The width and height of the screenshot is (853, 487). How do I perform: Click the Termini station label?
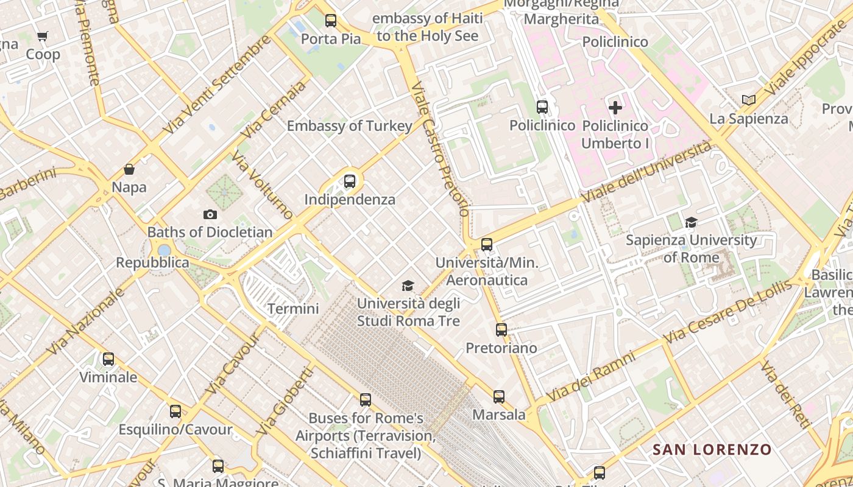click(x=293, y=309)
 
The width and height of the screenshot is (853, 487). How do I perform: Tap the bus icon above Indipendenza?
click(x=349, y=181)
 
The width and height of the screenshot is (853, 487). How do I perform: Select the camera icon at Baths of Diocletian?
click(x=210, y=214)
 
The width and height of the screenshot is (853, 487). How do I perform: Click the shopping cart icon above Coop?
click(x=42, y=37)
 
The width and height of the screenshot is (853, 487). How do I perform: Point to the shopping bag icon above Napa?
click(x=129, y=169)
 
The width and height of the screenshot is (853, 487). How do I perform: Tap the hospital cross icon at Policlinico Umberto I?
click(x=615, y=108)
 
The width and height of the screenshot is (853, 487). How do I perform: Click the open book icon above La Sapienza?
click(x=749, y=100)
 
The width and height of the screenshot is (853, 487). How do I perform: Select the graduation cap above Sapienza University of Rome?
click(x=691, y=223)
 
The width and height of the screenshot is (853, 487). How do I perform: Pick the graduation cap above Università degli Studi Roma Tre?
click(x=408, y=286)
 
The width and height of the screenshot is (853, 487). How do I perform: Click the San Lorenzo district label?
click(x=712, y=450)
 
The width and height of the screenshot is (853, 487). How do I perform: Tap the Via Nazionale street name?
click(x=85, y=321)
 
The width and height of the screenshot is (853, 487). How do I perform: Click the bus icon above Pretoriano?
click(x=501, y=330)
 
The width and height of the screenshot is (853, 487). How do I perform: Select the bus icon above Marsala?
click(x=499, y=397)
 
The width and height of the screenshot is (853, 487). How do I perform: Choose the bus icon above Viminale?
click(x=108, y=359)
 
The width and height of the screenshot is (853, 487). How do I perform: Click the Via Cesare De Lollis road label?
click(x=728, y=310)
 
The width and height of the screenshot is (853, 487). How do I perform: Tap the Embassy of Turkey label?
click(x=350, y=126)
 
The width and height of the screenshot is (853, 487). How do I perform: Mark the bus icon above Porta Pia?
click(x=331, y=21)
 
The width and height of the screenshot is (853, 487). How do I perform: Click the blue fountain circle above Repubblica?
click(x=164, y=250)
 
